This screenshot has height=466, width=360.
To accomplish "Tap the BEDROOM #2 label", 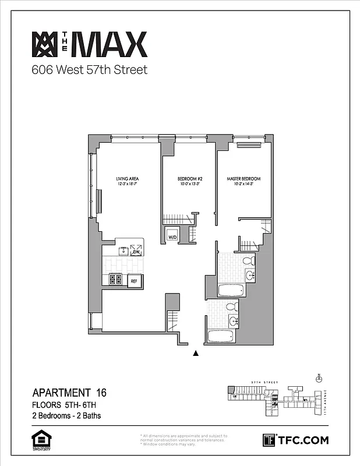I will (189, 179).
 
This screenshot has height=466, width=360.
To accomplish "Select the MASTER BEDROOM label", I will (243, 179).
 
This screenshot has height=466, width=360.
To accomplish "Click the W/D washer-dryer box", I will (173, 237).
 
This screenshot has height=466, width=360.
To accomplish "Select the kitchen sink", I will (122, 251).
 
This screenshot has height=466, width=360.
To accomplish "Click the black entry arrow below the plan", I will (196, 353).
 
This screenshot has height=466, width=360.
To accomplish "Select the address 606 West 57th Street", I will (89, 70).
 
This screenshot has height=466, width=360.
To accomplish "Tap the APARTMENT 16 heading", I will (69, 393).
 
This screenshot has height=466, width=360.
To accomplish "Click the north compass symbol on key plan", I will (319, 378).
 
